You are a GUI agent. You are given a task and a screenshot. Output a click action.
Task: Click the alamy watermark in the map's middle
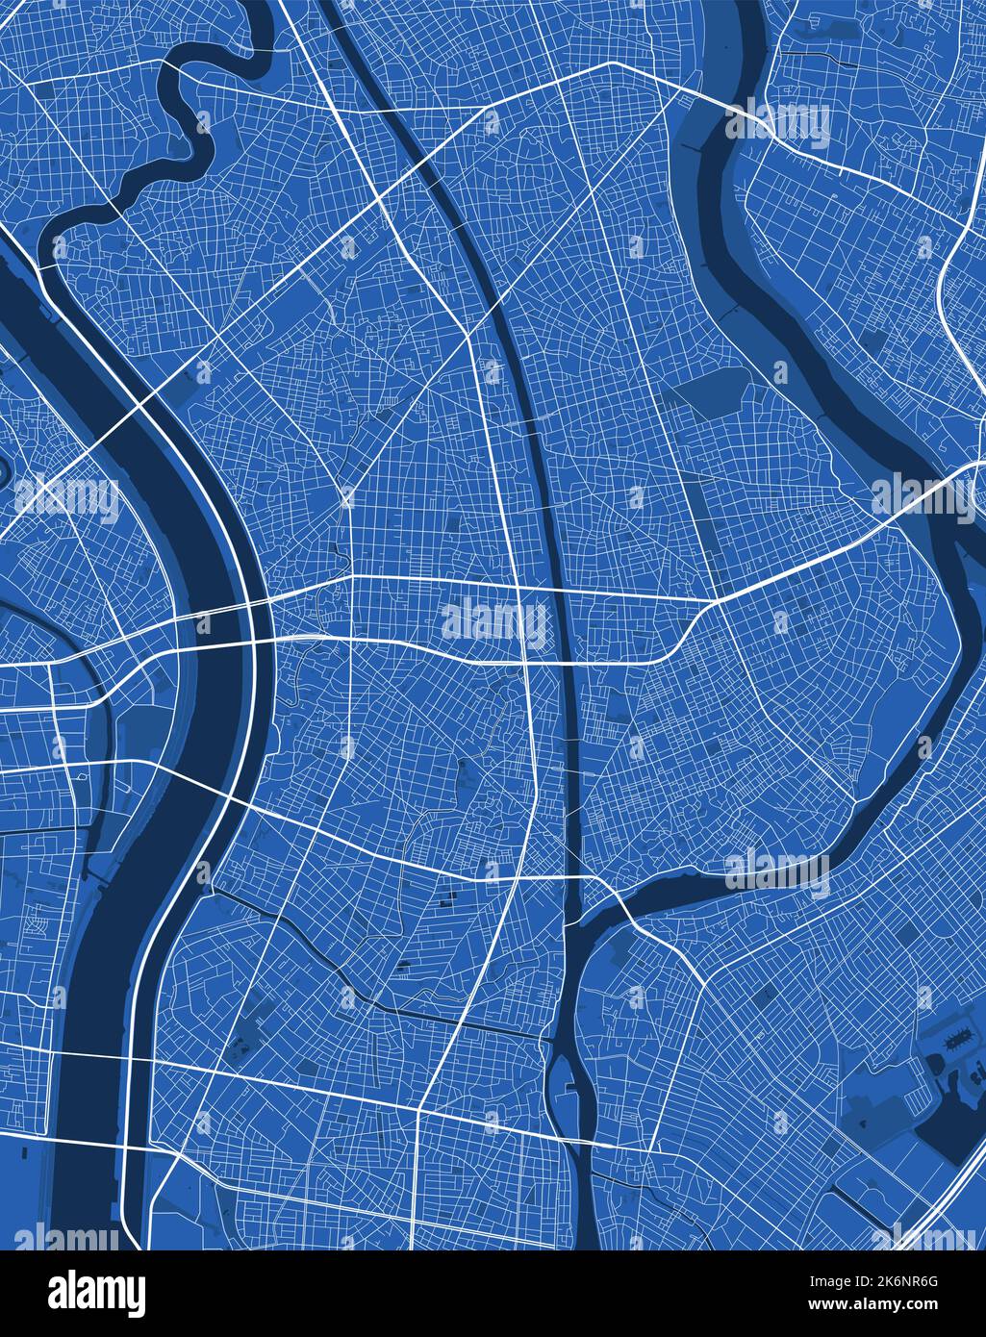point(493,621)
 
